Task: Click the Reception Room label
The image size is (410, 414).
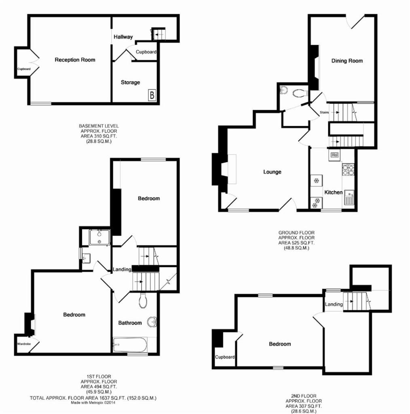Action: (x=75, y=60)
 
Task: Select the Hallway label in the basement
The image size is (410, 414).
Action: (x=123, y=37)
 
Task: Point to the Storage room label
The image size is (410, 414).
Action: (x=131, y=82)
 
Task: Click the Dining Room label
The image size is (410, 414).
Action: (x=347, y=61)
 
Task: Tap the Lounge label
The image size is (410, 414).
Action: (x=272, y=172)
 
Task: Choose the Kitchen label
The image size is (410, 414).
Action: (x=334, y=192)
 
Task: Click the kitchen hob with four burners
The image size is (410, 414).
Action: (x=348, y=169)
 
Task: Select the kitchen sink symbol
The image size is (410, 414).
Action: (x=349, y=198)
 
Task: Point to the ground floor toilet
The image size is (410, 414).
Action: (x=300, y=93)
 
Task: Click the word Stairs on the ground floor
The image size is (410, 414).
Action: (x=324, y=112)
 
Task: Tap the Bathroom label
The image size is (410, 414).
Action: (x=130, y=323)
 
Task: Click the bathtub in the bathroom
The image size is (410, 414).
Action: (x=130, y=344)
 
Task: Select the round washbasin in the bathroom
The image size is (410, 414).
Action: (x=152, y=322)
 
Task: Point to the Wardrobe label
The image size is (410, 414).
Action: (x=24, y=344)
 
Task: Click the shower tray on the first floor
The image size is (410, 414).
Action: (x=99, y=237)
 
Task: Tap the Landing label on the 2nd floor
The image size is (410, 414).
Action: (x=334, y=304)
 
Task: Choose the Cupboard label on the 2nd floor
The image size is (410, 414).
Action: (x=225, y=357)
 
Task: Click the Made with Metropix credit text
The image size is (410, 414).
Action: (x=93, y=403)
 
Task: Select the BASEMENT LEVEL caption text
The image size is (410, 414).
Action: (x=99, y=126)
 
